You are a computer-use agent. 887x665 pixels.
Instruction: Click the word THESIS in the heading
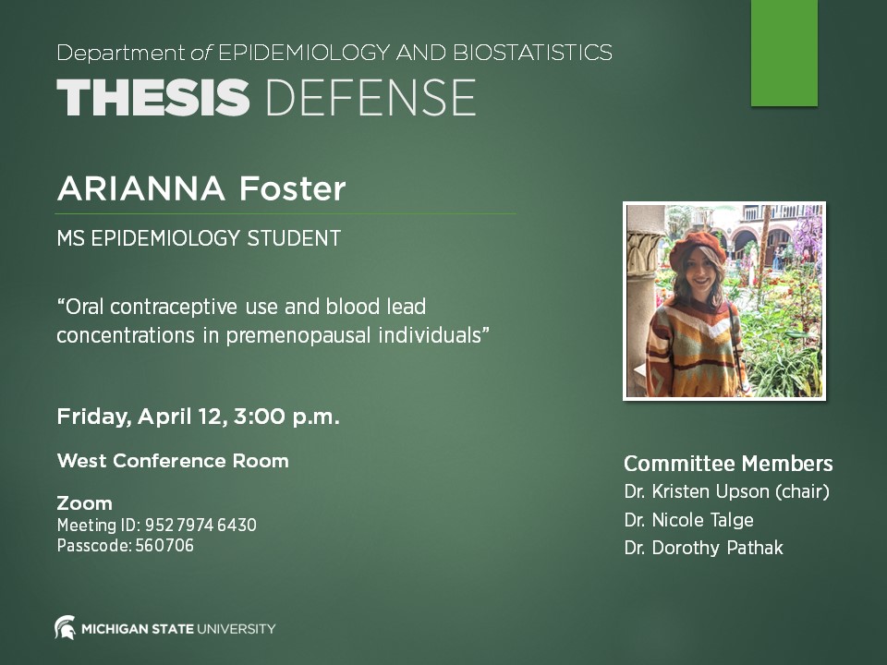(152, 97)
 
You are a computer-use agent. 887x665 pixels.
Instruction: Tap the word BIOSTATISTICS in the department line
(532, 53)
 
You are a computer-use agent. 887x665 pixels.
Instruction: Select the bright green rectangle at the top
(784, 53)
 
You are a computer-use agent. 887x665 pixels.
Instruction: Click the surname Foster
(292, 189)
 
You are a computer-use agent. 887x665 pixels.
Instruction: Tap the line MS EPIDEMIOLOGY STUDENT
(199, 238)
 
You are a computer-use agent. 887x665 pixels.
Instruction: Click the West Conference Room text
(173, 460)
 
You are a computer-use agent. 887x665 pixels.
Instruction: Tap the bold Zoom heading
(84, 503)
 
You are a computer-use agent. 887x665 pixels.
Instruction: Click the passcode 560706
(164, 546)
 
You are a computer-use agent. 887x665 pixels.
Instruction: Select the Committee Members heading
(728, 464)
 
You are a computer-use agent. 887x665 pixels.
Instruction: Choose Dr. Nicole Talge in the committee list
(688, 520)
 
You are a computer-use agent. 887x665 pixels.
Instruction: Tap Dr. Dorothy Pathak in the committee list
(703, 548)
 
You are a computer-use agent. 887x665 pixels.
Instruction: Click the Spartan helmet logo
(66, 628)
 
